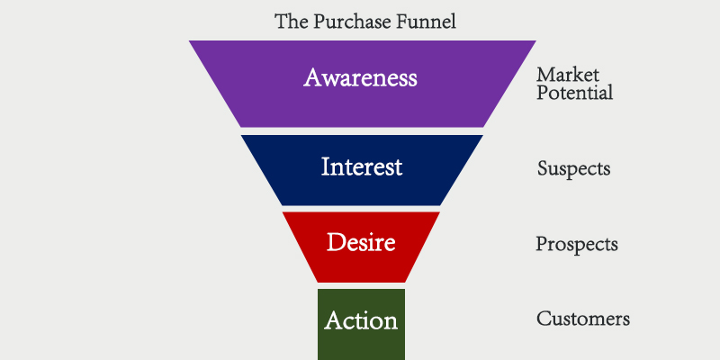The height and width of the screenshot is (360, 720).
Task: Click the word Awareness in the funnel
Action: pyautogui.click(x=360, y=77)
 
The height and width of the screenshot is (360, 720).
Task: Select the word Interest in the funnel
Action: pyautogui.click(x=361, y=166)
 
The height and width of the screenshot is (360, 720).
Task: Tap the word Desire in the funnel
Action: pyautogui.click(x=361, y=241)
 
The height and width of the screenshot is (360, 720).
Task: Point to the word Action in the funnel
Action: pyautogui.click(x=361, y=319)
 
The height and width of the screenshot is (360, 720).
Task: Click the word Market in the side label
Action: pyautogui.click(x=567, y=75)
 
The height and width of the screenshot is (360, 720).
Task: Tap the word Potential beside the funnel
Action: pyautogui.click(x=574, y=93)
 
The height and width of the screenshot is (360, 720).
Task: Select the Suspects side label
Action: pyautogui.click(x=573, y=168)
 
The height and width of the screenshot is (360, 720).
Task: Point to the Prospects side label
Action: pyautogui.click(x=576, y=244)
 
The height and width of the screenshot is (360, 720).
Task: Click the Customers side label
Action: pyautogui.click(x=582, y=319)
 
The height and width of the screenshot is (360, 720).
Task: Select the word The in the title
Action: pyautogui.click(x=290, y=21)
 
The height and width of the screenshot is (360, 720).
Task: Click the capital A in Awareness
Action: pyautogui.click(x=312, y=77)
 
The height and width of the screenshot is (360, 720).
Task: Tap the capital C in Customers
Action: pyautogui.click(x=543, y=319)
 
